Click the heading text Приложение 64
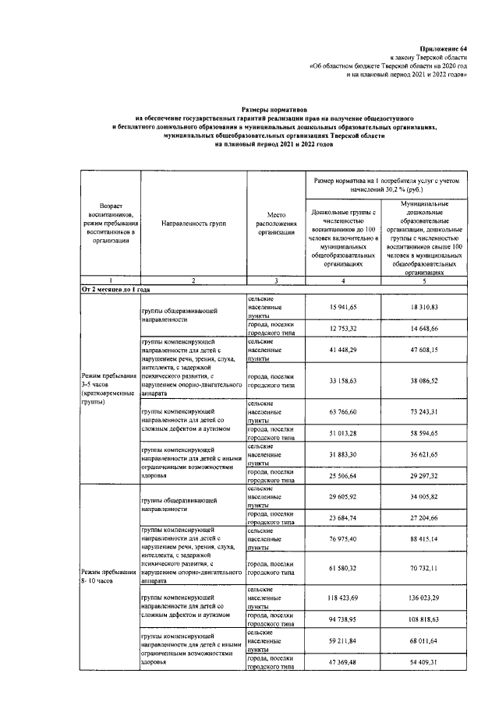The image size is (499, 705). (447, 49)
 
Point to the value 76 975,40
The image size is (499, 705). (343, 539)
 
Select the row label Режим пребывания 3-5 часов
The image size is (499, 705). (108, 388)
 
